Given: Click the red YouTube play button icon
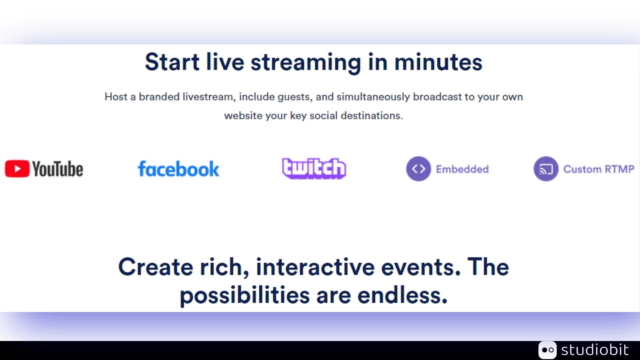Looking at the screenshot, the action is click(x=17, y=169).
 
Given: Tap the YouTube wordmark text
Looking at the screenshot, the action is click(x=58, y=169).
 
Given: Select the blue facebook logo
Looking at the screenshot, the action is click(x=178, y=169).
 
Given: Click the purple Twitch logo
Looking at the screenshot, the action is click(x=314, y=168).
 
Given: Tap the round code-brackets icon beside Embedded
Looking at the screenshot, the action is click(x=418, y=169).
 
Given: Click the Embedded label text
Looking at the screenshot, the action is click(x=462, y=169).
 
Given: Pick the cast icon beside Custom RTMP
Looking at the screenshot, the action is click(x=546, y=169).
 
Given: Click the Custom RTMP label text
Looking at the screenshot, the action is click(x=599, y=169).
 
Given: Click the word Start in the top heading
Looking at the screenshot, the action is click(x=172, y=62).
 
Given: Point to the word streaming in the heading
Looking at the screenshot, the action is click(x=306, y=63).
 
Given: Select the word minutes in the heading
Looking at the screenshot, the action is click(x=438, y=62).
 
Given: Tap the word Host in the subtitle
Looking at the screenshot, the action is click(x=116, y=97).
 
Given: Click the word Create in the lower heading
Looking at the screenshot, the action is click(x=156, y=267).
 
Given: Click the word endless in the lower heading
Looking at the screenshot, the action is click(x=402, y=295).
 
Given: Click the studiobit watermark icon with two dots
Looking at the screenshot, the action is click(x=547, y=350).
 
